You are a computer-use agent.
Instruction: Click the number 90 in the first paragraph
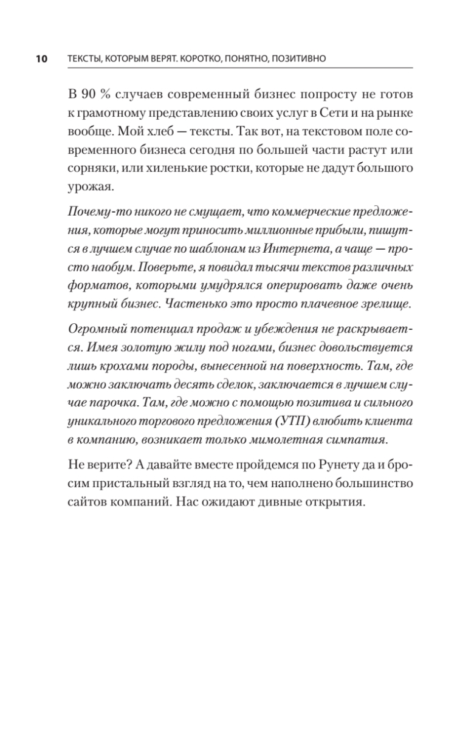point(88,94)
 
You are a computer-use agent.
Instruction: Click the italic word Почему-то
point(95,213)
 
